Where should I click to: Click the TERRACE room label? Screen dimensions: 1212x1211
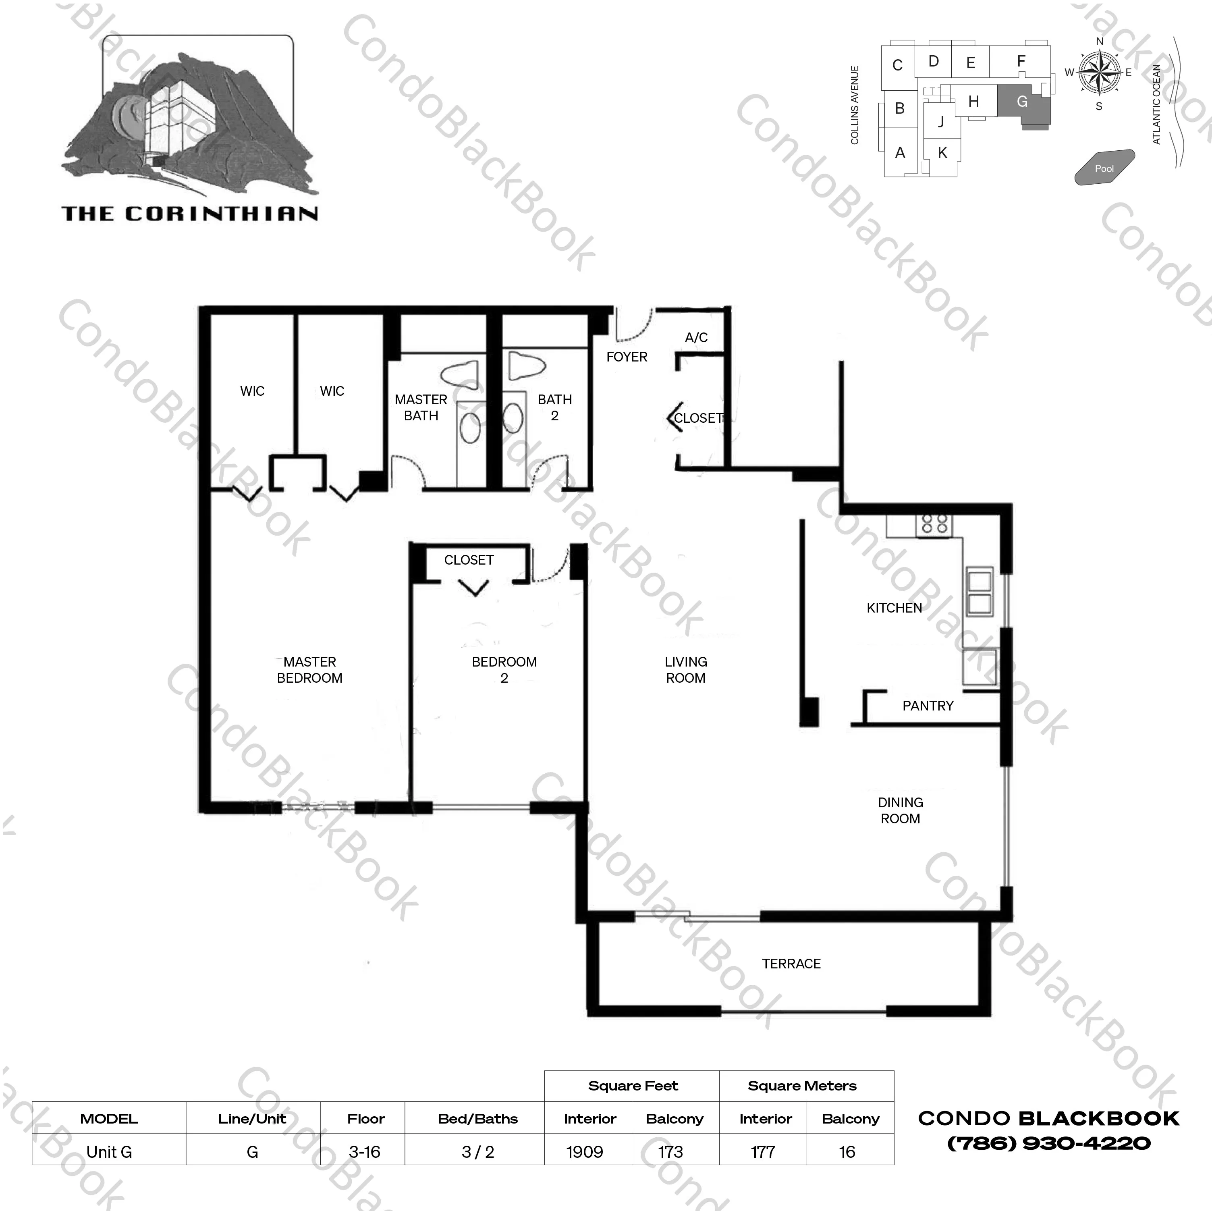tap(791, 964)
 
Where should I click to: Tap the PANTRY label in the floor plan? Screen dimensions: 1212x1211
tap(928, 706)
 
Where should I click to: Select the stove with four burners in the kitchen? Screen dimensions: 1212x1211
tap(934, 525)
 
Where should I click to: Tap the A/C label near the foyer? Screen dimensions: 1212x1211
tap(696, 338)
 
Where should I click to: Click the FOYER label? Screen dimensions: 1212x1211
tap(627, 357)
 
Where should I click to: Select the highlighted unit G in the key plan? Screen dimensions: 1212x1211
tap(1023, 104)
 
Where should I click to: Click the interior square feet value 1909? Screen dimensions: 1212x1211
tap(585, 1152)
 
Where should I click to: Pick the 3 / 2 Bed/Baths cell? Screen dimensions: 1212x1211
tap(478, 1152)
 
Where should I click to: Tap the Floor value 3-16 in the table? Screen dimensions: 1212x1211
tap(365, 1152)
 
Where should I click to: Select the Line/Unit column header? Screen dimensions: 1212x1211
tap(252, 1119)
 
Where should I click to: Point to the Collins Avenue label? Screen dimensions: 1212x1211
tap(855, 105)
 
